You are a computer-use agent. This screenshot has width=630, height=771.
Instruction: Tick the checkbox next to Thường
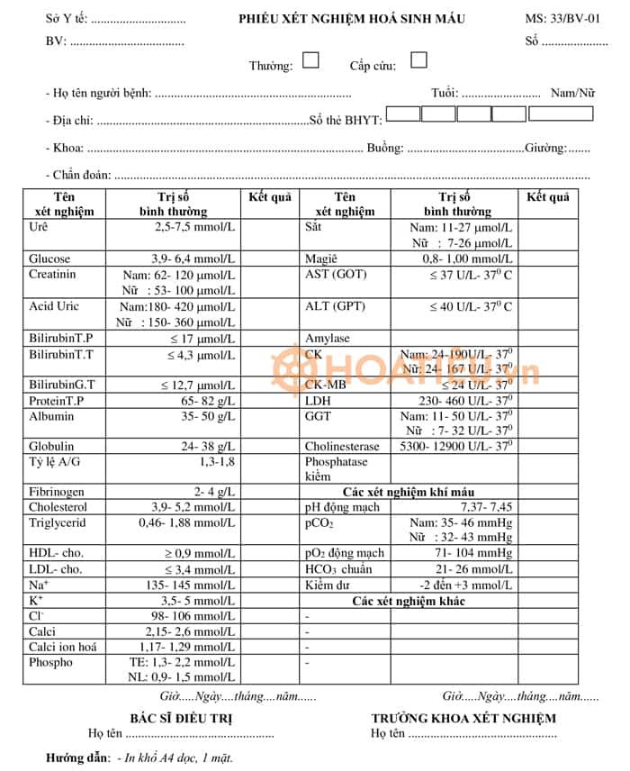[x=310, y=60]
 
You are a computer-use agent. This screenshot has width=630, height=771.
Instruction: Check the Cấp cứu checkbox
[x=418, y=60]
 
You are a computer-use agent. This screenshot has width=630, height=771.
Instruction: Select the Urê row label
[x=39, y=228]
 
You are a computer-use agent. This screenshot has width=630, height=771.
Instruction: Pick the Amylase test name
[x=328, y=339]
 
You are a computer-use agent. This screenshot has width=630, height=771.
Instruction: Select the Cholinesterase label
[x=342, y=446]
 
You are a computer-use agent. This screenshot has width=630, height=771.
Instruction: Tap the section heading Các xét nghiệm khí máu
[x=409, y=492]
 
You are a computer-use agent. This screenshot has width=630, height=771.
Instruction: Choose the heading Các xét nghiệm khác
[x=409, y=601]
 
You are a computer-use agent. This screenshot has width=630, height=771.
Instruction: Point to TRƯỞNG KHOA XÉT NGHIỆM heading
[x=463, y=718]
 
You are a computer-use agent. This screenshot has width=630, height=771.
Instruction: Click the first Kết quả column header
[x=270, y=197]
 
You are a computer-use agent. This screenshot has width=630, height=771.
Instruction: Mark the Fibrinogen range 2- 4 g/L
[x=209, y=492]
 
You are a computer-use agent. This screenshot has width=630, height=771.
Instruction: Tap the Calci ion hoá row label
[x=62, y=647]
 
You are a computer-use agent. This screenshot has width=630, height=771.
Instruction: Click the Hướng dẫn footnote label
[x=78, y=757]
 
